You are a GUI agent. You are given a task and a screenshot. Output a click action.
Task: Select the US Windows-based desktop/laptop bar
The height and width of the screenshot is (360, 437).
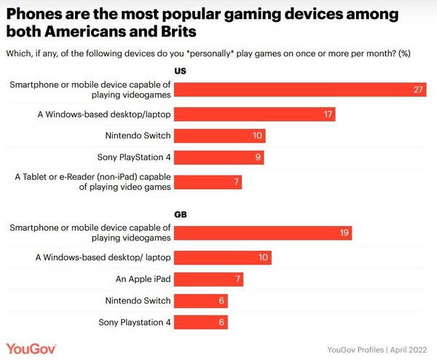click(256, 114)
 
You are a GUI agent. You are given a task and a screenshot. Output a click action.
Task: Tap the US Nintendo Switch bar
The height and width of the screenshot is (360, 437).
click(220, 136)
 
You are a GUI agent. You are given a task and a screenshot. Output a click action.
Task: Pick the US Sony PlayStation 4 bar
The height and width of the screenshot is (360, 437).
click(219, 157)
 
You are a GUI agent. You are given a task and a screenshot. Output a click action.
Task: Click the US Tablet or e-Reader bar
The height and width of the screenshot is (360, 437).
click(208, 181)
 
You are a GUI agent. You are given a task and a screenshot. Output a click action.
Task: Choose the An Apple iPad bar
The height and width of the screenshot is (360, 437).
click(209, 279)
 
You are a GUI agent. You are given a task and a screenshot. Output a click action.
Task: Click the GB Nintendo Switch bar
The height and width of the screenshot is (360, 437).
click(202, 300)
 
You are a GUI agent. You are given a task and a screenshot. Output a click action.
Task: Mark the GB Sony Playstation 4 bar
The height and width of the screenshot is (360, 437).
click(202, 322)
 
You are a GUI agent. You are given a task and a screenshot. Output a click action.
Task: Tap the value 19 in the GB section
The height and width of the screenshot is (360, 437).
click(344, 233)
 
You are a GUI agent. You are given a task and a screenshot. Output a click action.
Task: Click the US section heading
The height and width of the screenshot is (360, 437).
click(181, 71)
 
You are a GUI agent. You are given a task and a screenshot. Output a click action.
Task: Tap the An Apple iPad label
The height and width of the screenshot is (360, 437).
click(141, 279)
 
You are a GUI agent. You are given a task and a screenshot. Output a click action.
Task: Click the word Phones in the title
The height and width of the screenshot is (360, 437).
click(34, 14)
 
